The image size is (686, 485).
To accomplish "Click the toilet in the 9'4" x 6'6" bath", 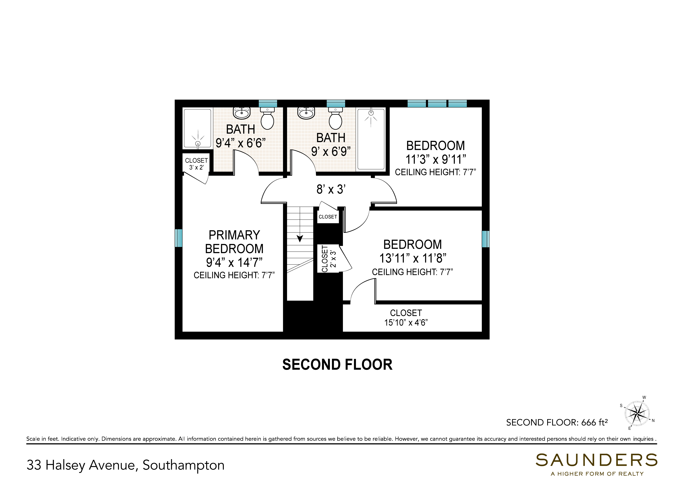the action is point(267,119).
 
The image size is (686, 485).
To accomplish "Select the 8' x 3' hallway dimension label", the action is point(331,189).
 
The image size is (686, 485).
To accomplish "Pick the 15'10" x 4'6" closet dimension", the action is point(406,323).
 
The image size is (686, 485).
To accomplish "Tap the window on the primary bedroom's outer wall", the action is point(178,238).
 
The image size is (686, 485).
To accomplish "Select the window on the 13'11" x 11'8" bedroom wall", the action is point(486,239).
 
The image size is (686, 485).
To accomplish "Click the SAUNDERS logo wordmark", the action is point(596,460).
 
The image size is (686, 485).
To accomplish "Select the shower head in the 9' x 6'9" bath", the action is point(371,117).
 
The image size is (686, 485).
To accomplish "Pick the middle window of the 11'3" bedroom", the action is point(437,104).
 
